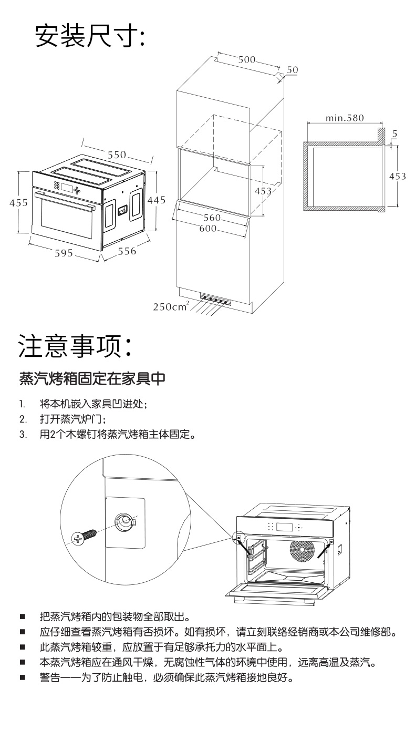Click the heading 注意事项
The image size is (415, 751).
click(x=78, y=346)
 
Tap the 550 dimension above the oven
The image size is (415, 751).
click(x=117, y=155)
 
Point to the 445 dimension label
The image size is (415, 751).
click(x=156, y=200)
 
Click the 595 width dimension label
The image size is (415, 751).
click(x=64, y=253)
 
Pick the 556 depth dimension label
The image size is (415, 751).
click(x=127, y=251)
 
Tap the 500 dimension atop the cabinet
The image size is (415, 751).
click(x=247, y=59)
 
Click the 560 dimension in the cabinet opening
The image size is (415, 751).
click(x=212, y=218)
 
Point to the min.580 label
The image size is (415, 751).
click(x=344, y=118)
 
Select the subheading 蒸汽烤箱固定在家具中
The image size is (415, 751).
click(x=92, y=378)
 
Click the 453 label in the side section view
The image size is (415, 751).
click(x=397, y=176)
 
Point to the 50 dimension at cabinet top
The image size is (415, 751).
click(x=293, y=70)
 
